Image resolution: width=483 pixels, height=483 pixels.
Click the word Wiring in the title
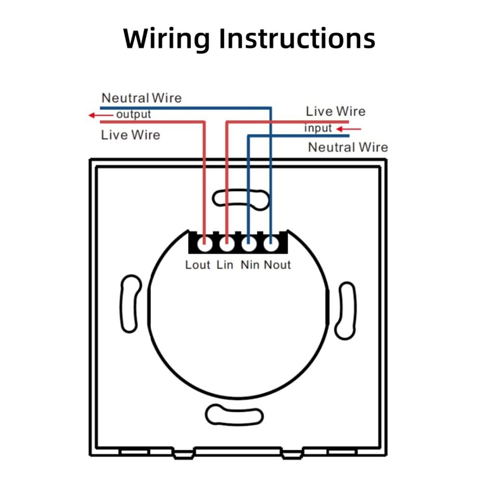tap(166, 39)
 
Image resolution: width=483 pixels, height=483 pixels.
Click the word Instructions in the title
tap(297, 38)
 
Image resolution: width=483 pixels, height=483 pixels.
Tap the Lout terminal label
tap(198, 265)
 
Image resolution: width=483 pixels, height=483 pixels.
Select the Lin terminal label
tap(225, 265)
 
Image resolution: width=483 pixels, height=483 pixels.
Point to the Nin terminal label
tap(250, 265)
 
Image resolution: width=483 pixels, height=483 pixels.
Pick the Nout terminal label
tap(277, 265)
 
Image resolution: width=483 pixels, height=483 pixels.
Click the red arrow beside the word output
tap(101, 115)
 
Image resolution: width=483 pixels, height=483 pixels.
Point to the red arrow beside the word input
tap(348, 129)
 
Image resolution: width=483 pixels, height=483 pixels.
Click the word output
tap(133, 114)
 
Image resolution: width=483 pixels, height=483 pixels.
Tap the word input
tap(318, 128)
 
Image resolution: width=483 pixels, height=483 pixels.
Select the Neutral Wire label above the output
tap(142, 98)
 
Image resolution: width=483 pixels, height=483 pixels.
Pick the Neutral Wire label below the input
tap(348, 147)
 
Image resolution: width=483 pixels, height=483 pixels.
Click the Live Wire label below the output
tap(131, 135)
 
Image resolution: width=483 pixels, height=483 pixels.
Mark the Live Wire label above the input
tap(336, 111)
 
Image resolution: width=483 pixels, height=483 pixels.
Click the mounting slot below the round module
tap(234, 415)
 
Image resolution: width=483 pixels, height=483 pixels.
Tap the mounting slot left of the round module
tap(130, 304)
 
